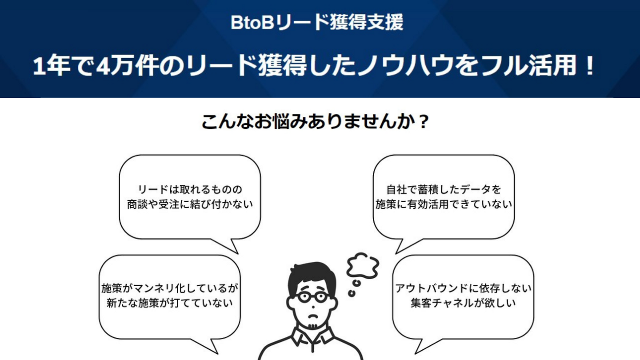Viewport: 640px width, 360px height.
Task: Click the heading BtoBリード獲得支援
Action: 317,22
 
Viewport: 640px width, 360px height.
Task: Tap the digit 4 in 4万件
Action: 103,66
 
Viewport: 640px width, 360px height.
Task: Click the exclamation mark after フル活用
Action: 590,65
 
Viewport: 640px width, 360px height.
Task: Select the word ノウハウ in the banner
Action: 406,66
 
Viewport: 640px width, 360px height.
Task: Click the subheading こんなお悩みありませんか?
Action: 315,122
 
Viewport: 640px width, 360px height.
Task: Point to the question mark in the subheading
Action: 423,122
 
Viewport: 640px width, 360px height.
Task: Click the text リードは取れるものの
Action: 190,189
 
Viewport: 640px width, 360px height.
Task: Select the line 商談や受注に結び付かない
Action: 190,204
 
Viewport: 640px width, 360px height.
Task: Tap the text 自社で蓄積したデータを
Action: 444,189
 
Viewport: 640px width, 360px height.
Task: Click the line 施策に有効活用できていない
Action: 444,204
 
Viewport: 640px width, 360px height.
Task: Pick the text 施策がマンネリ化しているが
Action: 170,288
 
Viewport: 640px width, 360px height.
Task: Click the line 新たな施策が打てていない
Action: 170,303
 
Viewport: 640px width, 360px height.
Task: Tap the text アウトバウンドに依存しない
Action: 463,288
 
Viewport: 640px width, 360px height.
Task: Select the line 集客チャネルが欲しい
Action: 463,303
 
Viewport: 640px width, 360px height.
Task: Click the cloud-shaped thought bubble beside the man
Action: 363,266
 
